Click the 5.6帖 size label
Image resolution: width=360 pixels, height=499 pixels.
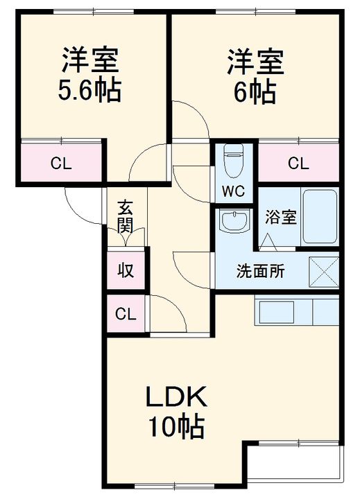(x=89, y=90)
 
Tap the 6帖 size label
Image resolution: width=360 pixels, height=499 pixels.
(x=255, y=91)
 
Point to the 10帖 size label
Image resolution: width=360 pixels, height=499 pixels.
(x=176, y=426)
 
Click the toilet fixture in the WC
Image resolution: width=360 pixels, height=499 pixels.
(x=234, y=160)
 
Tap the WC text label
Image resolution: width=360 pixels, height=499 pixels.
(x=234, y=191)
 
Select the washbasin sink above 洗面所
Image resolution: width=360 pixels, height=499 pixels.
(x=234, y=220)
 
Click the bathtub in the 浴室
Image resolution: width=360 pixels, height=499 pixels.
(x=320, y=217)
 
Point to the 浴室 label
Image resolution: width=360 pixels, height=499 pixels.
(x=281, y=217)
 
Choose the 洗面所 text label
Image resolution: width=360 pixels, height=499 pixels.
(x=260, y=271)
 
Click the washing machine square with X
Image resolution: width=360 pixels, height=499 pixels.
(x=324, y=272)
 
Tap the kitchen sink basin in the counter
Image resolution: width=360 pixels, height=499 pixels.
(x=277, y=312)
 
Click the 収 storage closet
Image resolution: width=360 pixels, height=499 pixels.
(x=126, y=270)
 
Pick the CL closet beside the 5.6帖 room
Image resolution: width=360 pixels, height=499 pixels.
(x=61, y=163)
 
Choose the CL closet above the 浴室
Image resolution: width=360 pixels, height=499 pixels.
(x=298, y=163)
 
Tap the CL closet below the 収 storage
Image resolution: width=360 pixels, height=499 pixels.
(x=126, y=314)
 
